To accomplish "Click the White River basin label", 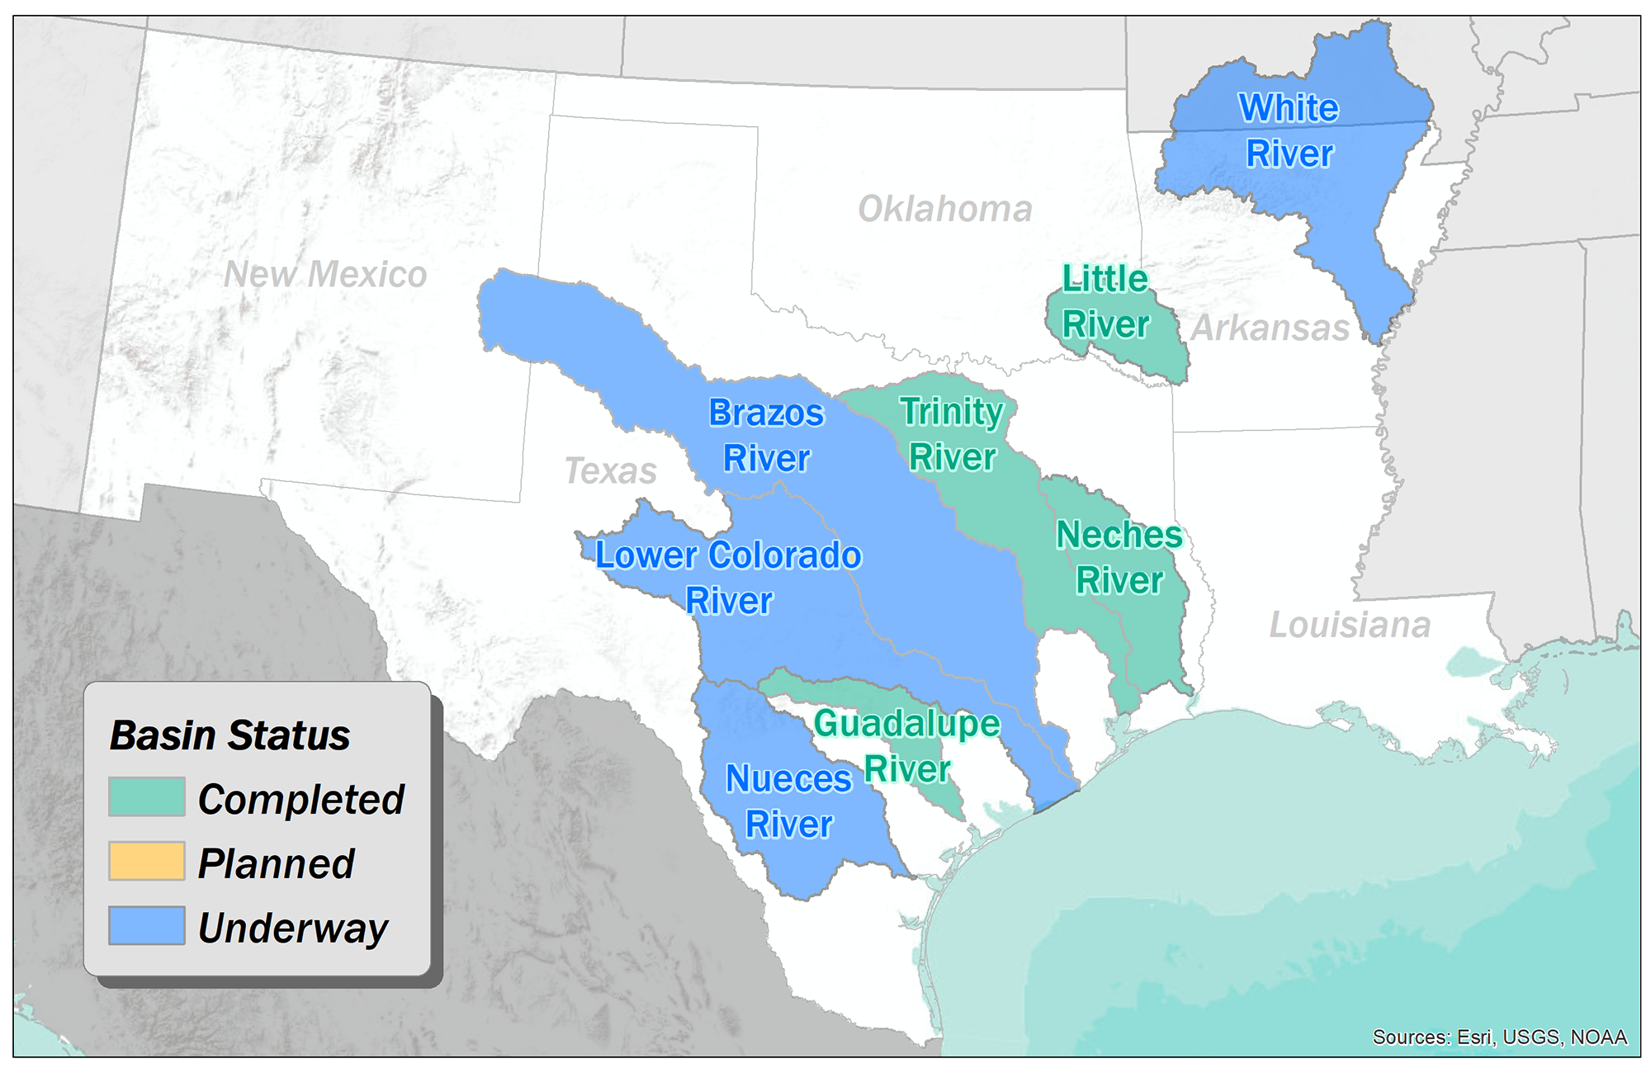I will tap(1289, 130).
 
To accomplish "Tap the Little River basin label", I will tap(1105, 301).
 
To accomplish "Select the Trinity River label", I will tap(952, 433).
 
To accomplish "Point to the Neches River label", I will tap(1119, 557).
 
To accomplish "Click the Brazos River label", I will tap(766, 435).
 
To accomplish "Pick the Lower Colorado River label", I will tap(728, 577).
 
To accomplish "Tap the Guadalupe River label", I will tap(906, 745).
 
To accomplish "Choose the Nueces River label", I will tap(788, 801).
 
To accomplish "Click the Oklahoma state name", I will tap(945, 209).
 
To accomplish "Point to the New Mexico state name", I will tap(325, 274).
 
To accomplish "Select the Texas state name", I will tap(611, 471).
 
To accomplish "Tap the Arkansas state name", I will tap(1270, 328).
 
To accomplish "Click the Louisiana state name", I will tap(1350, 625).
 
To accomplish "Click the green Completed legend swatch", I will tap(146, 797).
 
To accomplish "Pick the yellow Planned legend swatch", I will tap(146, 862).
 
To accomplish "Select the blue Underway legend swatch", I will tap(146, 926).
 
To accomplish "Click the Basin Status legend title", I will tap(229, 735).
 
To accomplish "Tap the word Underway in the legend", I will tap(293, 928).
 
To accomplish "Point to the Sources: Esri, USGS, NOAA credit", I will tap(1499, 1037).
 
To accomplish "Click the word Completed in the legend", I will tap(301, 799).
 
